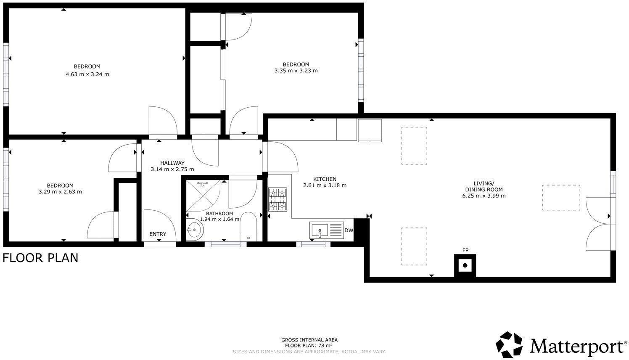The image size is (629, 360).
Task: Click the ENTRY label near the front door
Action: click(158, 234)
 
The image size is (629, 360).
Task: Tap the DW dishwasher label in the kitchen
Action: click(349, 230)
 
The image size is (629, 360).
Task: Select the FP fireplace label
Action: click(465, 251)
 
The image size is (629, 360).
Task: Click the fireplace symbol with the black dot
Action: click(465, 265)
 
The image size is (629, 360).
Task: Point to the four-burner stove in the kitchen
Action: click(278, 199)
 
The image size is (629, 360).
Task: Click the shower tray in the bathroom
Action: click(203, 196)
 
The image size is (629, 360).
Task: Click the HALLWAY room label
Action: click(172, 163)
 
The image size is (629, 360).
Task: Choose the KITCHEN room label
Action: click(325, 179)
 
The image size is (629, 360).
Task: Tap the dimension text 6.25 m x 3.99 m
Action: click(484, 196)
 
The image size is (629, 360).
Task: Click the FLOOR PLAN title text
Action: click(40, 257)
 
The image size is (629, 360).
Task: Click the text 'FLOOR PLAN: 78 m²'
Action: click(309, 346)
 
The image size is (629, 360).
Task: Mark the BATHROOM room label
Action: click(219, 214)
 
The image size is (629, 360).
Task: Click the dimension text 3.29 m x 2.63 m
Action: click(60, 192)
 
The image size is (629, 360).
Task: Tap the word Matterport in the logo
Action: click(576, 346)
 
